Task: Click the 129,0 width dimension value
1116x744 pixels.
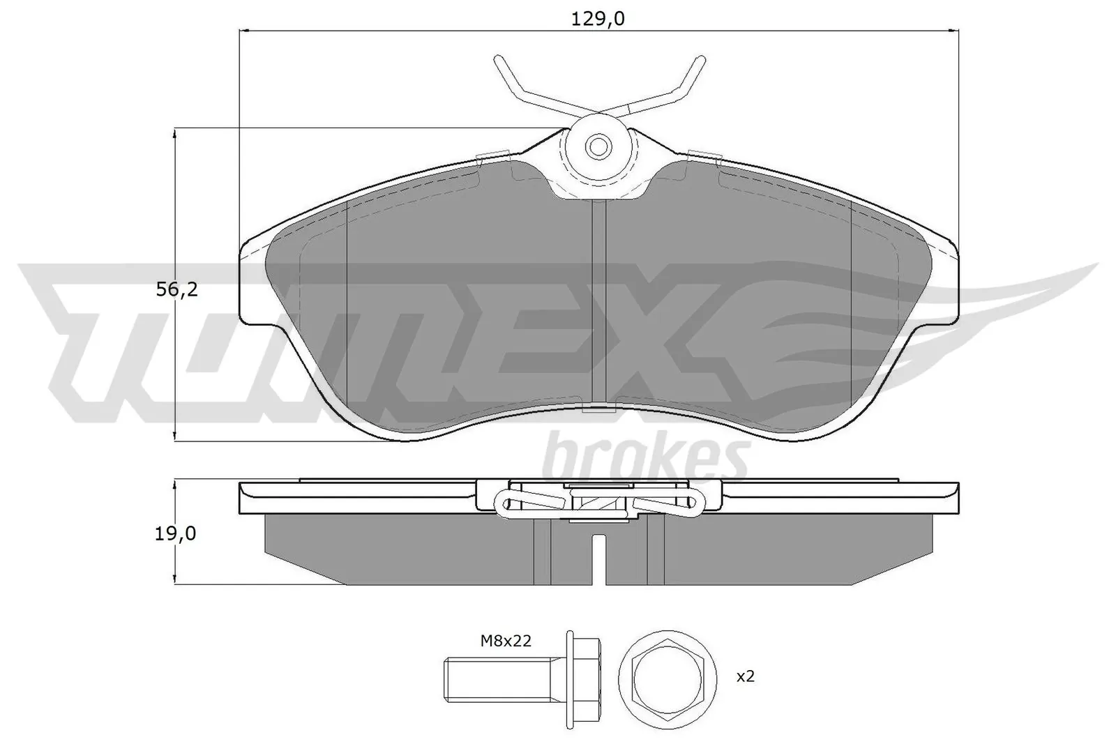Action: pos(598,19)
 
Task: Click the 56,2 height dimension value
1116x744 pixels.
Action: pos(176,289)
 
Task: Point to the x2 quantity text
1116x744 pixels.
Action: pos(746,676)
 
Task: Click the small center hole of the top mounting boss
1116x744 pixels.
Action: pos(597,146)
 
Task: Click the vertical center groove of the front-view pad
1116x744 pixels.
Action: pos(598,307)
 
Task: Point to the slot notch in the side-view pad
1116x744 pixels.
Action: pos(598,558)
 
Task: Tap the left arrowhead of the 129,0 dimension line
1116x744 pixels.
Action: pos(244,31)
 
